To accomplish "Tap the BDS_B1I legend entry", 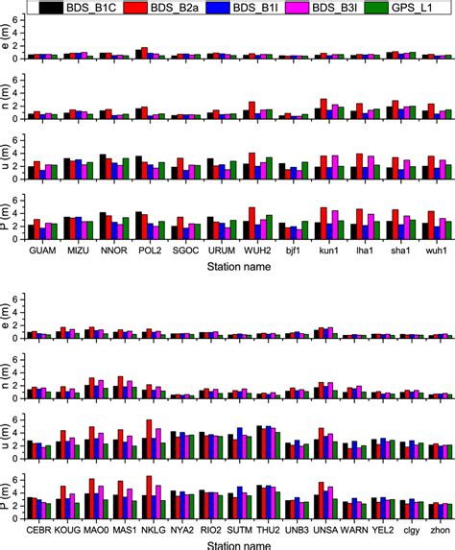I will [x=250, y=9].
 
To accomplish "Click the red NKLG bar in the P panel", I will [x=149, y=501].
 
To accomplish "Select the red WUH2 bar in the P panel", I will [x=251, y=223].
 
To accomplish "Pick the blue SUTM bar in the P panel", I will [x=239, y=506].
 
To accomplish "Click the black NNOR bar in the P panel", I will [x=103, y=226].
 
